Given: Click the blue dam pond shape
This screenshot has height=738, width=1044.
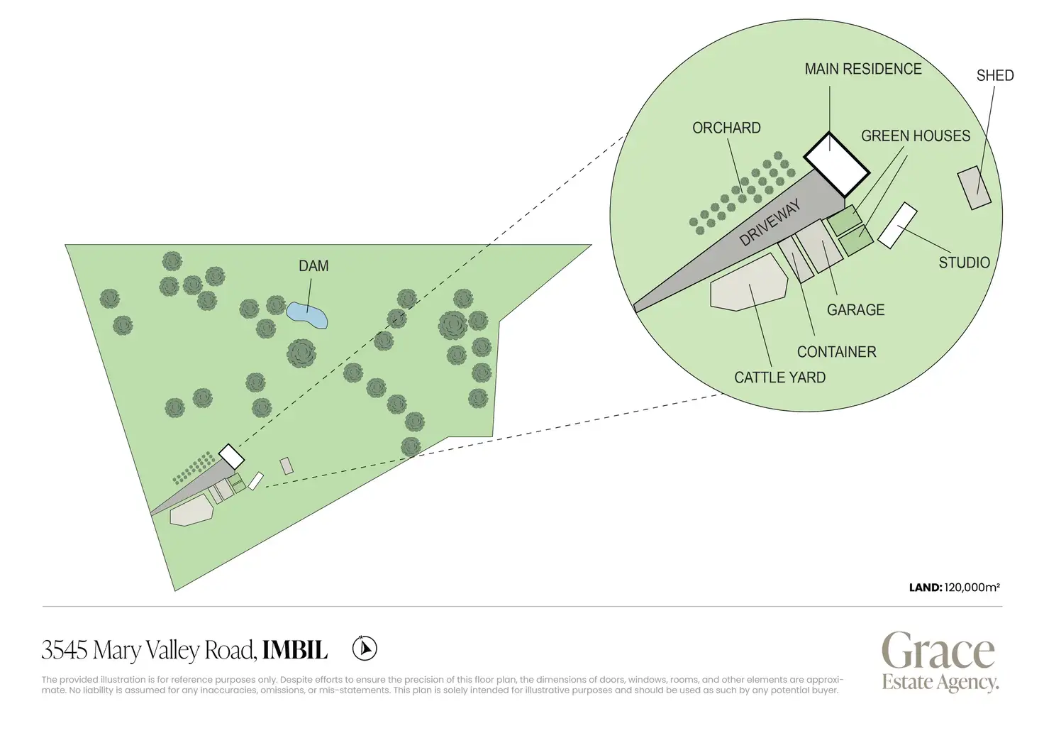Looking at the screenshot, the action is point(307,315).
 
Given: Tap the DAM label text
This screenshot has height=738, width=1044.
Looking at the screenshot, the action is point(313,266).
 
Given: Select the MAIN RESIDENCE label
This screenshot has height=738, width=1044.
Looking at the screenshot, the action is point(862,70).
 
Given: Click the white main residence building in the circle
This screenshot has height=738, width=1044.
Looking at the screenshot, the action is point(836,164).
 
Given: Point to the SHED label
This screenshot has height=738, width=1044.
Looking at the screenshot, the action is point(994,76).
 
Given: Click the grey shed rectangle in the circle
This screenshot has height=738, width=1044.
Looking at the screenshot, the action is point(974,187).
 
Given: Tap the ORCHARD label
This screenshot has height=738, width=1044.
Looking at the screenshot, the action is point(726,128).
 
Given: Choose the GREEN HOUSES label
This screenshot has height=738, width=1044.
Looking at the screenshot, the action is point(915,136).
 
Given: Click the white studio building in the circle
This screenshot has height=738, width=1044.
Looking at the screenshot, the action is point(897,226).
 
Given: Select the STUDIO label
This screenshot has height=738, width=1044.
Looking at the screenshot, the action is point(964,263).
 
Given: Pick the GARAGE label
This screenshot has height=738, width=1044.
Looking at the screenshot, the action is point(855,310).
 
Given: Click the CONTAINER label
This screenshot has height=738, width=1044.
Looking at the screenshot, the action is point(836,352).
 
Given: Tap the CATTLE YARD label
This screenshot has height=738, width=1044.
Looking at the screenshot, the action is point(779,378).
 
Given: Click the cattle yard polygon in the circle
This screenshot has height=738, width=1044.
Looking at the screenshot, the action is point(748,284).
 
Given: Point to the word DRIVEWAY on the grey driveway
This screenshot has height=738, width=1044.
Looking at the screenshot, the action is point(770,222).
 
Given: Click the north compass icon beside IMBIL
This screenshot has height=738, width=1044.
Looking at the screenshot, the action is point(365,648).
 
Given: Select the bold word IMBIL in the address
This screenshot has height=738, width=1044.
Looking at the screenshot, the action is point(295,650).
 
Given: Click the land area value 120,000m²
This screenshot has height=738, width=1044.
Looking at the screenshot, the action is point(972,588).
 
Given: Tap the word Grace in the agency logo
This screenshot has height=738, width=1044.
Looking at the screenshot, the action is point(938,651).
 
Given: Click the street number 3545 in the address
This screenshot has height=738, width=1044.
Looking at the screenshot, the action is point(65,650).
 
